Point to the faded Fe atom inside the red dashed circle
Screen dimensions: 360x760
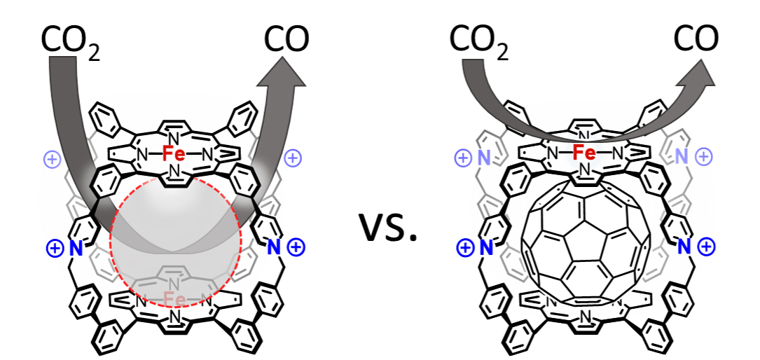tap(175, 300)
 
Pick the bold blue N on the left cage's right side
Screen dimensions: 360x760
tap(275, 247)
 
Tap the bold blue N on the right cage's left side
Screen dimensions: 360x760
tap(485, 247)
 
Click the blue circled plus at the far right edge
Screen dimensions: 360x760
tap(707, 247)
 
